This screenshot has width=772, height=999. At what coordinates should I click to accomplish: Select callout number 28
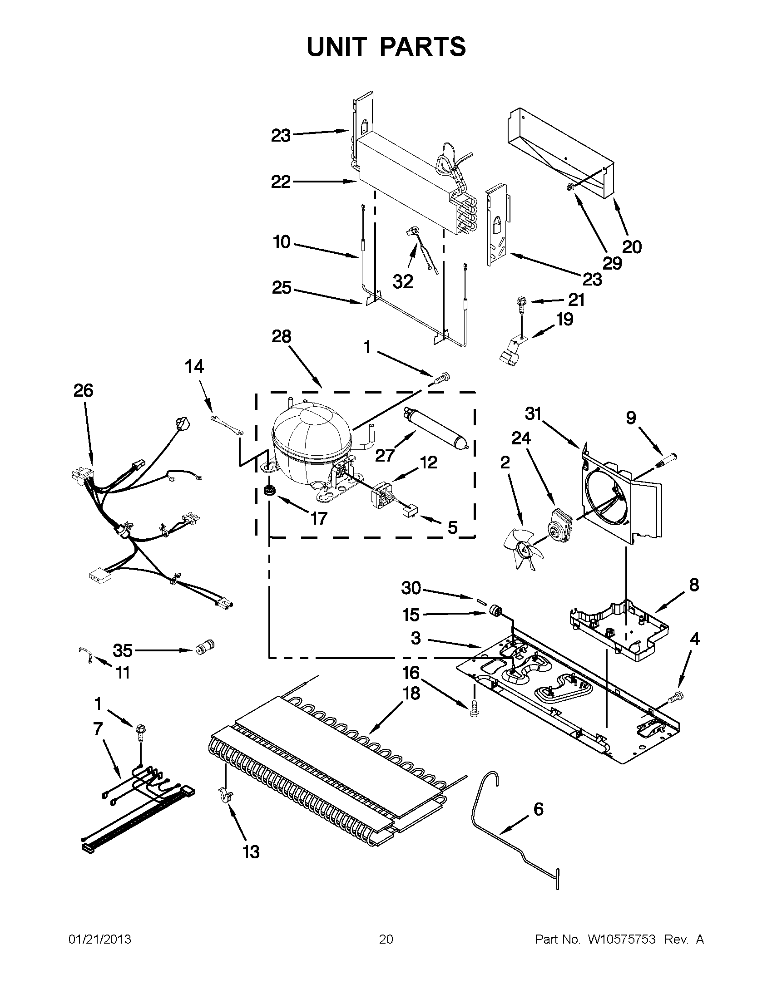[281, 336]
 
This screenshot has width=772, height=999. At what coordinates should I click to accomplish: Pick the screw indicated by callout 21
[522, 303]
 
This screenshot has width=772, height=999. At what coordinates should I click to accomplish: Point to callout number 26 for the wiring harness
[83, 390]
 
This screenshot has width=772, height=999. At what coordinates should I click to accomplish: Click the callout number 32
[403, 282]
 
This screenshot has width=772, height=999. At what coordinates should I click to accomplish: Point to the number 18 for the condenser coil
[411, 693]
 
